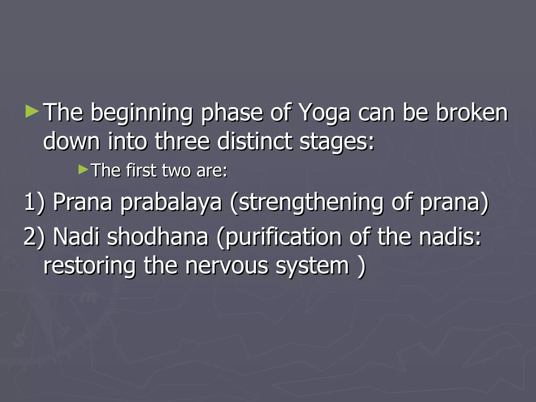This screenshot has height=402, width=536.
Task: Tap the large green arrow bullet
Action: click(32, 111)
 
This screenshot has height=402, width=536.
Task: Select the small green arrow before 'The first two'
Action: click(83, 170)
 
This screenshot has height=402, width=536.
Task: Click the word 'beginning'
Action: click(142, 113)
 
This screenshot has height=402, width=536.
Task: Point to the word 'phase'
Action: click(232, 113)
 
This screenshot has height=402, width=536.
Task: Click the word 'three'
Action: click(182, 141)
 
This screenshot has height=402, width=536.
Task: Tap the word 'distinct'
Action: click(255, 141)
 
